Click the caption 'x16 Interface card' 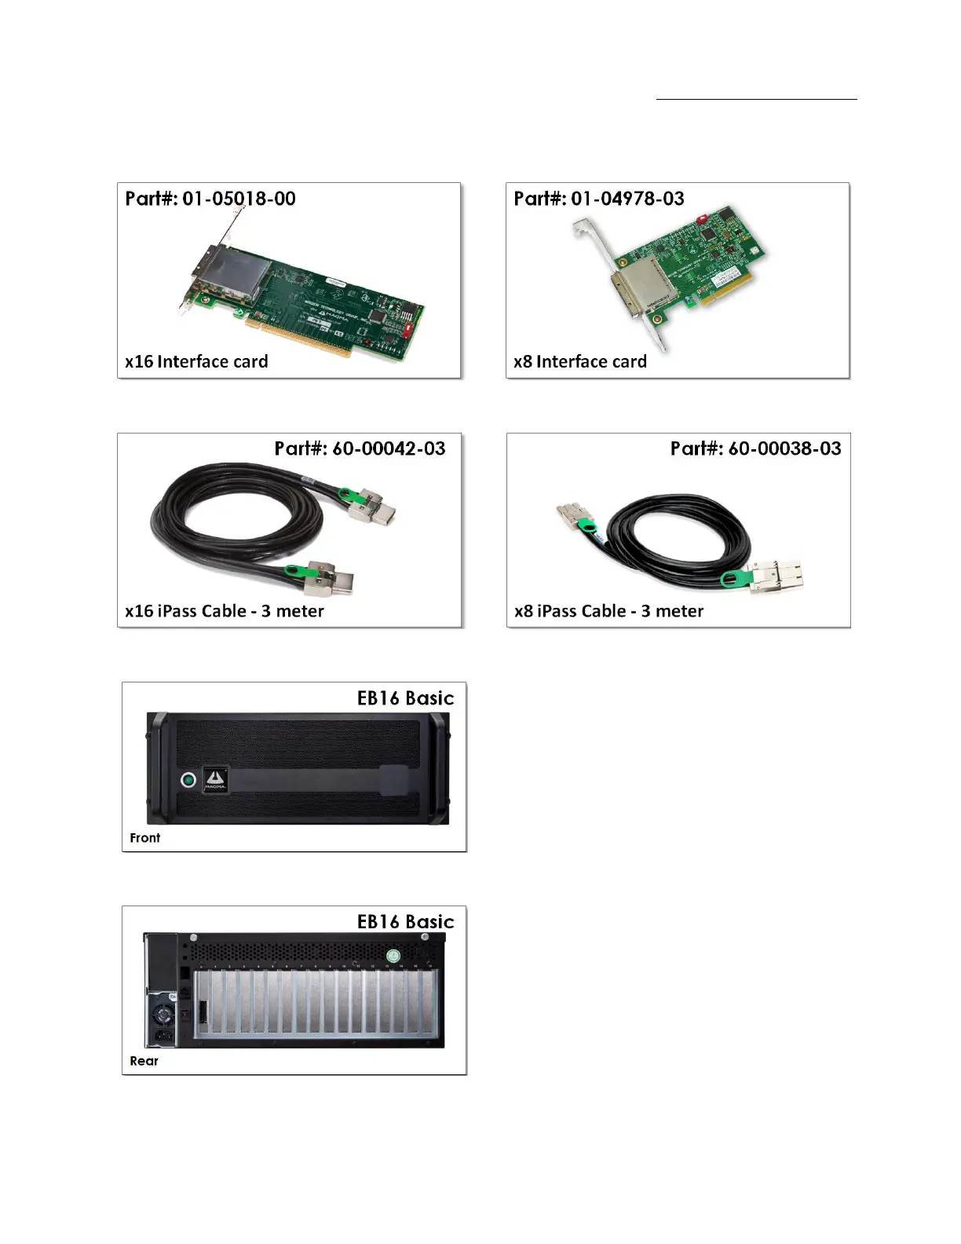(x=196, y=362)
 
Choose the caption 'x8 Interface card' (x=580, y=362)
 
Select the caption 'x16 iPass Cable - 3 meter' (x=225, y=611)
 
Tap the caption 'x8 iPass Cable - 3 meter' (x=608, y=611)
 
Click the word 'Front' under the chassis (x=145, y=838)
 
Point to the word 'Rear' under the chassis (x=144, y=1061)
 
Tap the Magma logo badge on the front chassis (x=215, y=778)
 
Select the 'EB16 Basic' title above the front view (x=405, y=698)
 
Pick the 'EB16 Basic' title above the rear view (x=405, y=921)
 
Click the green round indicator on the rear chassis (x=394, y=955)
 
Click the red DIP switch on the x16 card (x=408, y=330)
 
